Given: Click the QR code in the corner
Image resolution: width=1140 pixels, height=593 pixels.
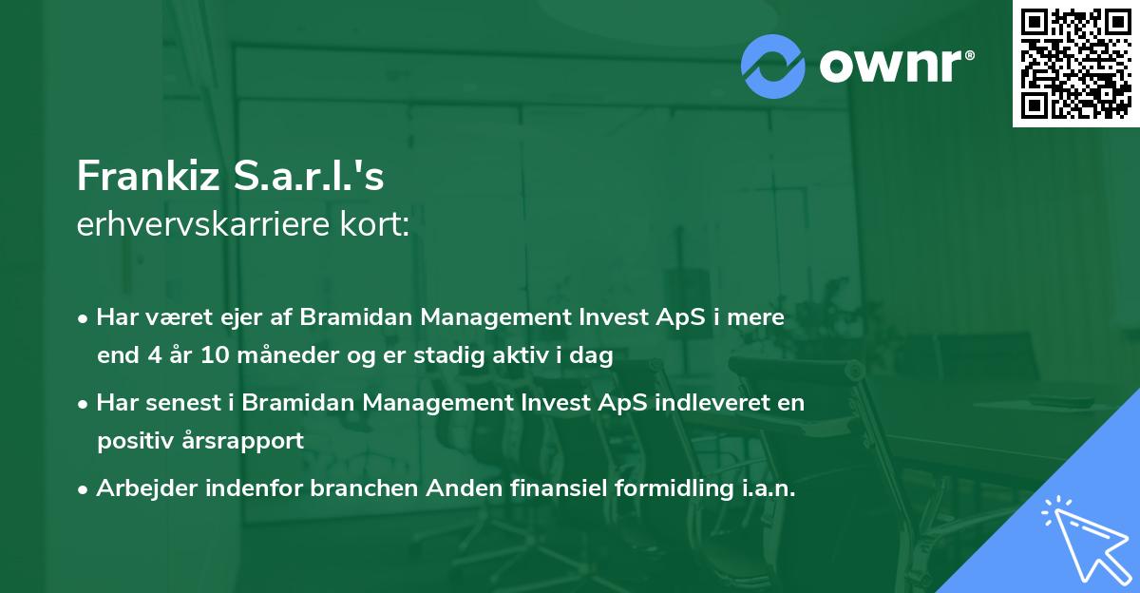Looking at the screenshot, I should (x=1075, y=64).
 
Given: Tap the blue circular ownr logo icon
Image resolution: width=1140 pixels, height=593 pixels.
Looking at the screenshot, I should (x=773, y=67).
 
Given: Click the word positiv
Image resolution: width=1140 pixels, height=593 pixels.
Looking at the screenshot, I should (x=133, y=441).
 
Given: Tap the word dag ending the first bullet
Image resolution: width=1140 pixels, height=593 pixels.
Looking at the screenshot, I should (x=593, y=356).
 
